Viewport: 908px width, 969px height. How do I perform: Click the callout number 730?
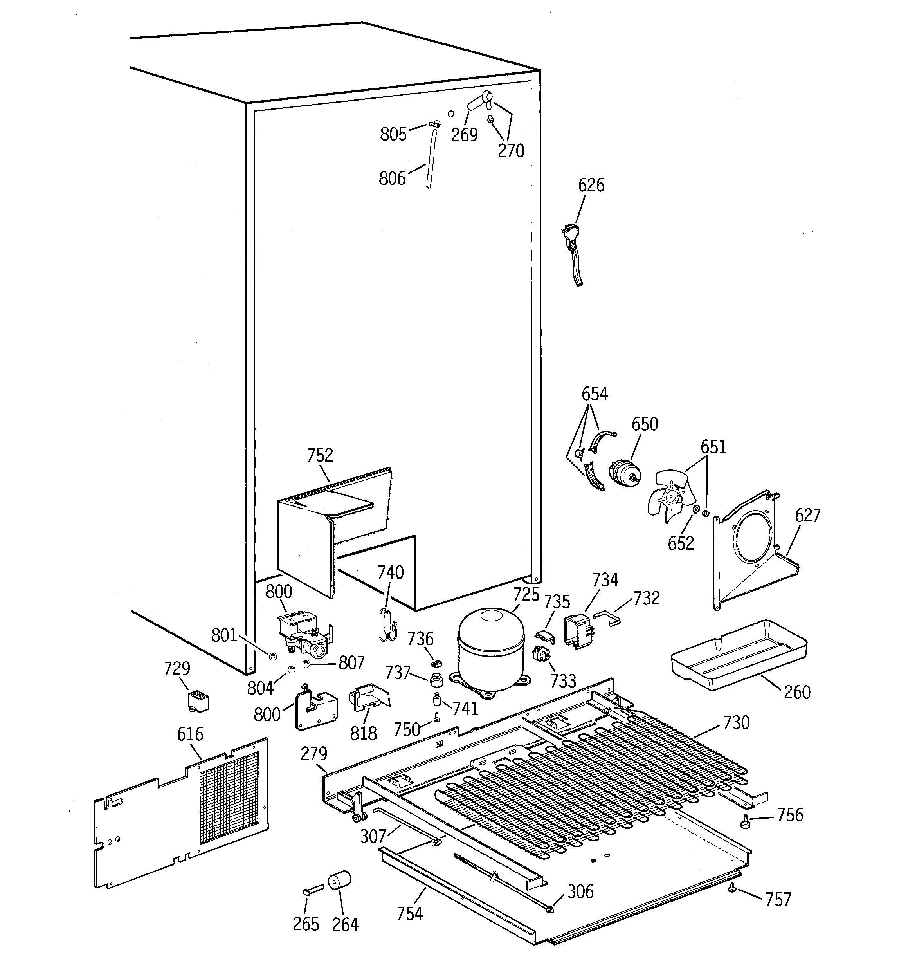click(736, 722)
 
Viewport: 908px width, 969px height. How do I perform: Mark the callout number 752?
click(320, 455)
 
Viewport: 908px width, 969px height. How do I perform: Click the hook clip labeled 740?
click(388, 624)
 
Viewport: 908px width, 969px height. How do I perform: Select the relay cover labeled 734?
click(578, 631)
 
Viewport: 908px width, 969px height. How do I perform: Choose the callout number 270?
click(510, 151)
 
